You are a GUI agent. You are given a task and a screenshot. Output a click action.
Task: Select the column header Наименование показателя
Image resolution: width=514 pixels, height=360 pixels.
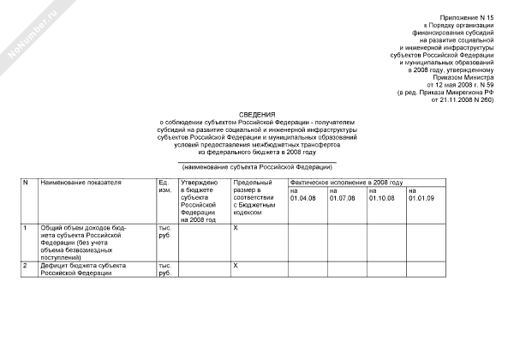pos(81,183)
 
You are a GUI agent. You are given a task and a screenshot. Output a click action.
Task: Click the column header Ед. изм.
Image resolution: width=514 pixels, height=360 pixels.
pos(164,186)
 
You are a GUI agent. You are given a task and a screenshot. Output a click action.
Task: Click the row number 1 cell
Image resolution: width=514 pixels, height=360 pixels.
pos(25,228)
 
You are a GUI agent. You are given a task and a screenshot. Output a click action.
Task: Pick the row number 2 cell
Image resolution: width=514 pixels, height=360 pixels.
pos(25,267)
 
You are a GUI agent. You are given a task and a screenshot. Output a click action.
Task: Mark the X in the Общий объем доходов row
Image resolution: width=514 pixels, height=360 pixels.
pos(236,228)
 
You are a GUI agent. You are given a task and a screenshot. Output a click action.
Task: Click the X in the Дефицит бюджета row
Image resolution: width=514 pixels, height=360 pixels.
pos(236,267)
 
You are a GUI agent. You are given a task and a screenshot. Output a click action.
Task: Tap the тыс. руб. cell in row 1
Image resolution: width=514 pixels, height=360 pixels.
pos(164,231)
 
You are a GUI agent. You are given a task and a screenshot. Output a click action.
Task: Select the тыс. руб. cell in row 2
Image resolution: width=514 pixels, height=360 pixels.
pos(164,270)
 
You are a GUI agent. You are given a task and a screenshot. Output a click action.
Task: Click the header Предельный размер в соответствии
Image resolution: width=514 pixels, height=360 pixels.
pos(254,194)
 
